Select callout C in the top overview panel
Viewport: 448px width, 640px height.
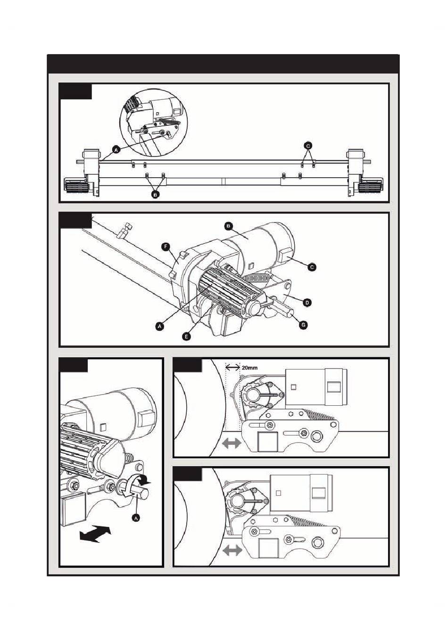coord(308,146)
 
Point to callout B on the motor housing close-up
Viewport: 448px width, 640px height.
coord(229,226)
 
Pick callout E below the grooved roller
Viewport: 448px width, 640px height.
coord(187,336)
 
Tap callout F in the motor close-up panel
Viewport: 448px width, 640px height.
coord(166,246)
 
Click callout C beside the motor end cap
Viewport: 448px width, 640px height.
coord(312,267)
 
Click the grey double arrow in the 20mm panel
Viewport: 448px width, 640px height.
coord(231,443)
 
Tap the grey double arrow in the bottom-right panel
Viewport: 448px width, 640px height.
coord(232,550)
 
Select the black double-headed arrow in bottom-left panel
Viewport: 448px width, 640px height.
coord(96,534)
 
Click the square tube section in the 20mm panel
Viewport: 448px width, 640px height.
coord(267,442)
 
